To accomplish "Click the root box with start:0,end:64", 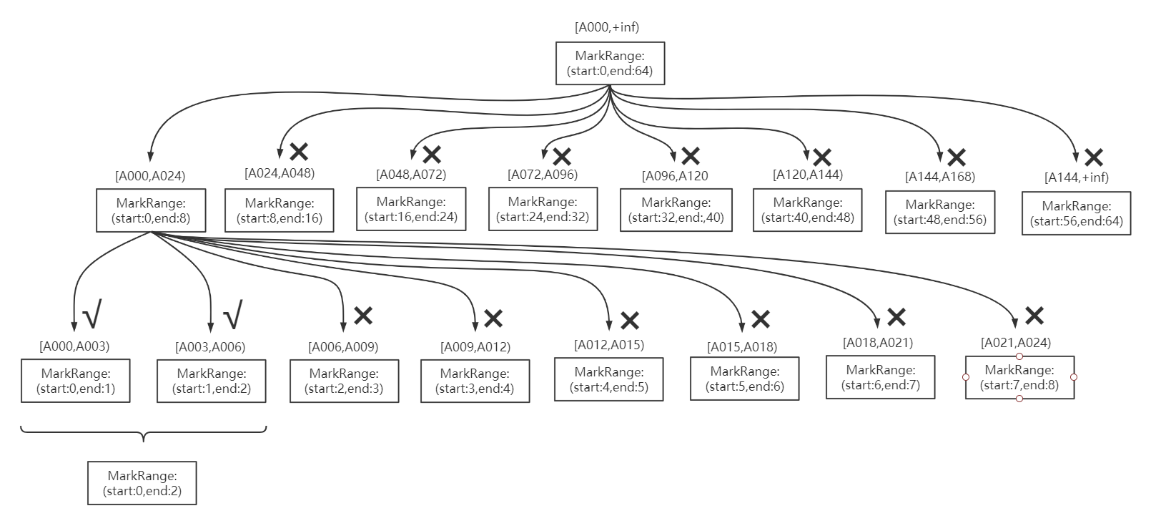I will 610,64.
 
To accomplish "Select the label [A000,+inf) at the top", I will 606,27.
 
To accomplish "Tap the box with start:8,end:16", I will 279,210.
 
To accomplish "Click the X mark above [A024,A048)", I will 299,151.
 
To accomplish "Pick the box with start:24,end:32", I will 543,209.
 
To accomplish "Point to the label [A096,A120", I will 675,176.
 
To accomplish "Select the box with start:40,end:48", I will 807,210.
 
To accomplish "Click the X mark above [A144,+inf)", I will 1093,157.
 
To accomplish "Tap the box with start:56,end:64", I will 1076,213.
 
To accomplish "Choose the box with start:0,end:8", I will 151,210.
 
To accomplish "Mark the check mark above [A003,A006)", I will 233,313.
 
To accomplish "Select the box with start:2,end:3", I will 344,381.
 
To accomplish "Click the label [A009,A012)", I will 475,348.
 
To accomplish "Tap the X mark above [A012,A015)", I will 629,320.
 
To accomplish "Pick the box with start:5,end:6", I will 744,379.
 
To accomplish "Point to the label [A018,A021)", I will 878,343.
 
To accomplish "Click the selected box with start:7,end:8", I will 1019,378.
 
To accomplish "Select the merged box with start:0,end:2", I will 142,483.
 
